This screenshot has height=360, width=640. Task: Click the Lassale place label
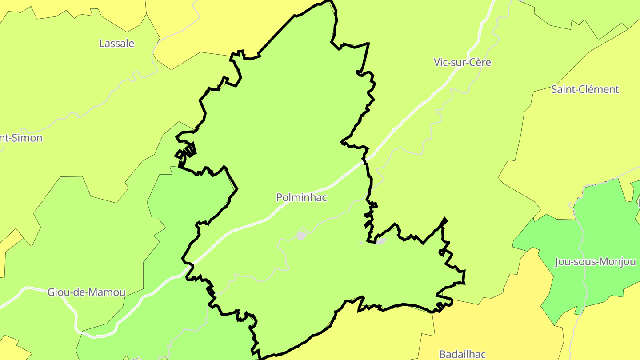click(x=117, y=44)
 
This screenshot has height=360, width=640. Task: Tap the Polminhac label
click(x=301, y=197)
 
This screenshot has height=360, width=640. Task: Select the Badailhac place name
click(x=462, y=354)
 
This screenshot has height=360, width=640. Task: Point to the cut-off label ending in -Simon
click(x=21, y=138)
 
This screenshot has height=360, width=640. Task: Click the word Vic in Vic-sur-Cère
click(x=441, y=62)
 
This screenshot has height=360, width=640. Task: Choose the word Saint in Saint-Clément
click(x=564, y=89)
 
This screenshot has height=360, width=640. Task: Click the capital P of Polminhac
click(x=280, y=197)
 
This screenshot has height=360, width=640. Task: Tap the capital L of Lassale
click(x=102, y=44)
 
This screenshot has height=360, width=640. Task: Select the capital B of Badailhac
click(x=442, y=354)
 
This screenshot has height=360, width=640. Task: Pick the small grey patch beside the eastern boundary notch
click(x=381, y=241)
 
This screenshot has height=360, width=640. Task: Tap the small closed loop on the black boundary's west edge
click(x=180, y=155)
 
